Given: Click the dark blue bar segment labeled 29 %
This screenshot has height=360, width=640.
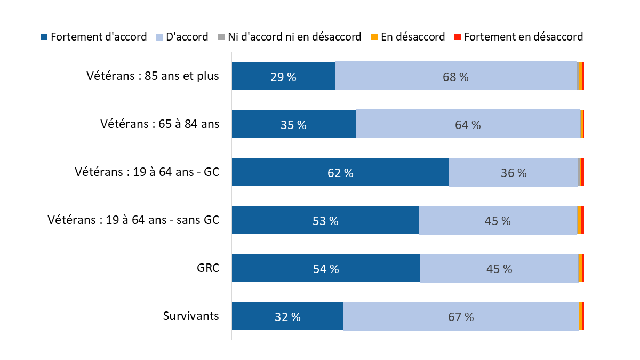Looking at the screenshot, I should click(283, 76).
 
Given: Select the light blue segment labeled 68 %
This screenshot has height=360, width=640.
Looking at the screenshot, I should click(455, 76).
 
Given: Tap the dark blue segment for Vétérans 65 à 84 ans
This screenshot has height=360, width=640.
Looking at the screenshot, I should click(293, 124).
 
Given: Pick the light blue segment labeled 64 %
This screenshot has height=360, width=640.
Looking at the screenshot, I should click(468, 124).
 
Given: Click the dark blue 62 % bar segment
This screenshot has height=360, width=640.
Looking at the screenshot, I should click(340, 172).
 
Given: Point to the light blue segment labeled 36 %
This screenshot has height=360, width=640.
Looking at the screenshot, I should click(513, 172).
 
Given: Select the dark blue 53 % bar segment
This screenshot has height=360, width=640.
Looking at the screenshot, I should click(325, 220).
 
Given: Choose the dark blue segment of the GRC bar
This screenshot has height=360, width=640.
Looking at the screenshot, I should click(326, 268).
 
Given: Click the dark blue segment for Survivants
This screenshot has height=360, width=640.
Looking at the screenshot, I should click(287, 316).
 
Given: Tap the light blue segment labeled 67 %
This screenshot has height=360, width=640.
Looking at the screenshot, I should click(461, 316).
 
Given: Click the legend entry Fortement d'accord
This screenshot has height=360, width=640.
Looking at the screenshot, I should click(94, 37).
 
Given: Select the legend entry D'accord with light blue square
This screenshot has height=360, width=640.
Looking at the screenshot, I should click(181, 37).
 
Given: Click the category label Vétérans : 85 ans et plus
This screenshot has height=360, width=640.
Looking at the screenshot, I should click(153, 76).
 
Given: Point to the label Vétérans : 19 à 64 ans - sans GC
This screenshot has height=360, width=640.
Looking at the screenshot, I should click(133, 220).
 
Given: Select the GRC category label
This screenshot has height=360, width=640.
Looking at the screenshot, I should click(207, 268).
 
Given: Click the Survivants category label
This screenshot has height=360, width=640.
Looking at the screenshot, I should click(191, 316).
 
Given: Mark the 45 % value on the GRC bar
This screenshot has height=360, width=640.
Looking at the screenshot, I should click(499, 269).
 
